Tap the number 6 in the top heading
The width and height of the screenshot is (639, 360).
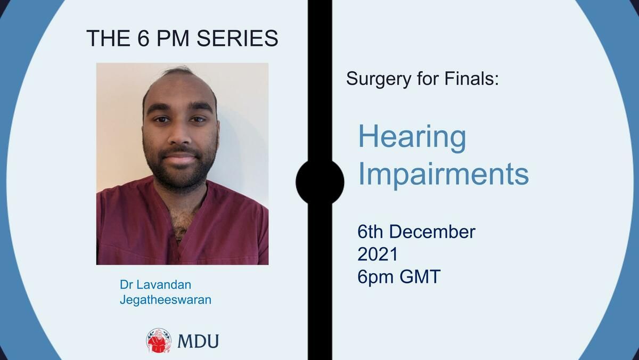143,38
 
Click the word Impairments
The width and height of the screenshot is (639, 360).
444,175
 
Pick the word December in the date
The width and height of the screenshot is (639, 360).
432,232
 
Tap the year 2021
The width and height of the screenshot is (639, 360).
378,254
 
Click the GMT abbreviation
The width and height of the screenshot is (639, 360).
420,277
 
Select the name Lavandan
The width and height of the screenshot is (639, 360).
164,285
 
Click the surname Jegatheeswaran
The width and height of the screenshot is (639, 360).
166,300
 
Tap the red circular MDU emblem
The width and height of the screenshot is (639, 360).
159,341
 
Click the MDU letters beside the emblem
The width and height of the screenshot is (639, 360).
198,341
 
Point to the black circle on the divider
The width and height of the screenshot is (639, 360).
320,182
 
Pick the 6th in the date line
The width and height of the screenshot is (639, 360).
370,232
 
